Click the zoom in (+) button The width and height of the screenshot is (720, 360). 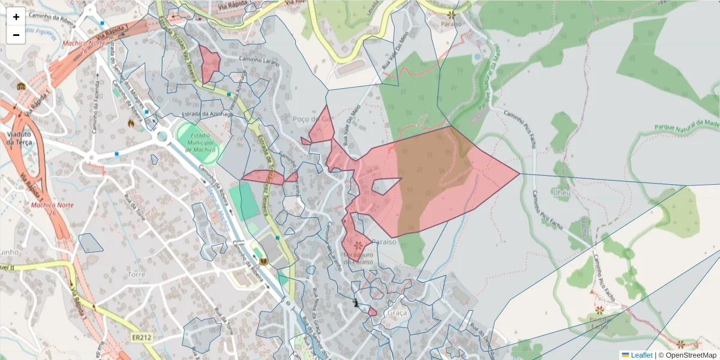click(16, 17)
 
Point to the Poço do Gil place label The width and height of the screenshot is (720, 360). click(312, 119)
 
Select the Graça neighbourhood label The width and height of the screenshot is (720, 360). click(397, 313)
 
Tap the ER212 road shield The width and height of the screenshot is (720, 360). click(142, 338)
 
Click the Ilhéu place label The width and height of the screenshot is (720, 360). click(561, 193)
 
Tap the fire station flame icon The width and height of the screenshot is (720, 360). click(131, 123)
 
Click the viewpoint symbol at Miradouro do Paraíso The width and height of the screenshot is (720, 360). click(359, 245)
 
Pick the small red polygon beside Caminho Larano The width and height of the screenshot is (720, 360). click(209, 63)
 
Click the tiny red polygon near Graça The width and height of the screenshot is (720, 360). click(373, 312)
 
